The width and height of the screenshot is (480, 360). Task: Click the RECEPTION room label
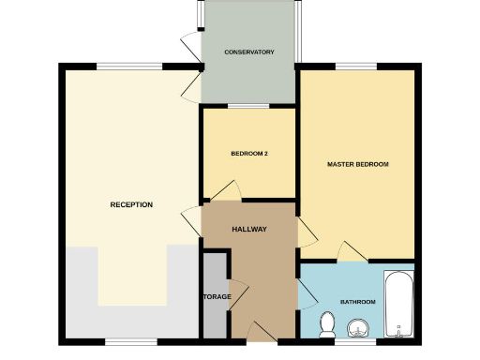131,204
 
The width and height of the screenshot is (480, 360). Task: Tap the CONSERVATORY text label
249,52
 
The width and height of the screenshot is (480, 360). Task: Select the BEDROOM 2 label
250,154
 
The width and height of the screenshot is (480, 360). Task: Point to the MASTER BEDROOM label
357,164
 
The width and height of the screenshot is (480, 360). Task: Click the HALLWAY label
250,229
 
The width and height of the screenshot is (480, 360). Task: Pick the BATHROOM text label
357,302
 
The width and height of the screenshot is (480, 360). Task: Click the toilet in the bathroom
328,323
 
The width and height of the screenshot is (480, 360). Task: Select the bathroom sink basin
359,327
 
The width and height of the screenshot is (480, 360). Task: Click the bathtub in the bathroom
399,305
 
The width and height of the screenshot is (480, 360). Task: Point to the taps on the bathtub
400,329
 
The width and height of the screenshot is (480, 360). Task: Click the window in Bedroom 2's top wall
249,107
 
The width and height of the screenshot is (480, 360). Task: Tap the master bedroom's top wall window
357,67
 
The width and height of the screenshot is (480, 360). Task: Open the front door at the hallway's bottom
259,330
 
